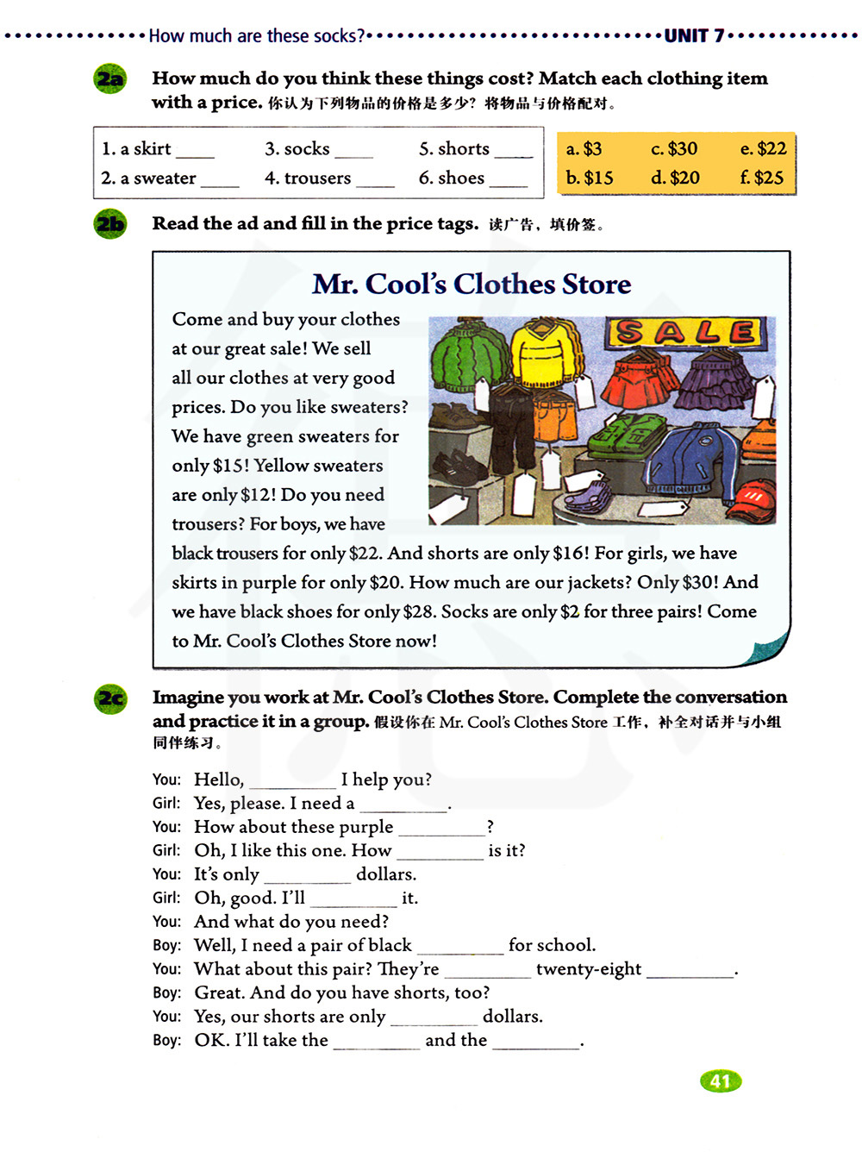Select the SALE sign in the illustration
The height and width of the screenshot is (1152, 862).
coord(685,332)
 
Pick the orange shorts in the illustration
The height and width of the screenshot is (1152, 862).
coord(556,417)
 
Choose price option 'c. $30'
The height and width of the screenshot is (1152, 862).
coord(674,149)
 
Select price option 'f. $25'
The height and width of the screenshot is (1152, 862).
coord(762,178)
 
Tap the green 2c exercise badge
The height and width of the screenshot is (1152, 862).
coord(110,698)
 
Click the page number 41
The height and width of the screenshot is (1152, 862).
coord(721,1081)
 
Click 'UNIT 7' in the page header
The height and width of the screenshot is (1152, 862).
coord(694,36)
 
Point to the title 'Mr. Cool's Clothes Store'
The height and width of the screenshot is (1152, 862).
coord(472,285)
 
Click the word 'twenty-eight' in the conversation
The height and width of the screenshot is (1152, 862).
coord(589,969)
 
